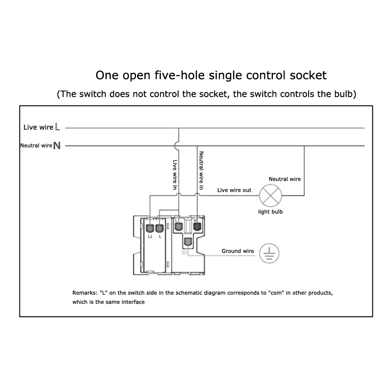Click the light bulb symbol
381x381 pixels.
tap(271, 195)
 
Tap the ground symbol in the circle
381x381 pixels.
tap(269, 253)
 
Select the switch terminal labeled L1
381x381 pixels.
tap(150, 228)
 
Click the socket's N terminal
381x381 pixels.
tap(197, 227)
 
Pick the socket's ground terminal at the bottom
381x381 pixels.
tap(188, 242)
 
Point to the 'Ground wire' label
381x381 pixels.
tap(238, 251)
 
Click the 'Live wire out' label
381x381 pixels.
tap(234, 190)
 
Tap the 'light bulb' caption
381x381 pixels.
tap(271, 211)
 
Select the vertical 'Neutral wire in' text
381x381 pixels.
tap(201, 170)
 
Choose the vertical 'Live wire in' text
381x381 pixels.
tap(175, 174)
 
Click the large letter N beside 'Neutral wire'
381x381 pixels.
tap(57, 146)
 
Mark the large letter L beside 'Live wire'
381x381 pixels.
tap(57, 127)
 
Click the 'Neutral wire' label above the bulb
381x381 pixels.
tap(285, 179)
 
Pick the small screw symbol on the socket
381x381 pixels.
tap(184, 252)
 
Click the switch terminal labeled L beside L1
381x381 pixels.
tap(160, 228)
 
